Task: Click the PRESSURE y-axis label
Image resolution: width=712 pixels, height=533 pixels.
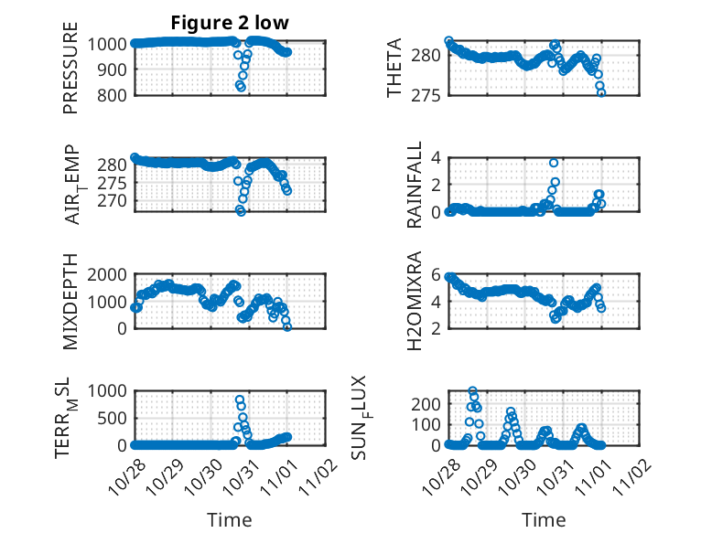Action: click(70, 69)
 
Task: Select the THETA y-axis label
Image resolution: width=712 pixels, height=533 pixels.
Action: click(394, 69)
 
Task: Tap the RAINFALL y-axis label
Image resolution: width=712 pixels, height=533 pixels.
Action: click(415, 185)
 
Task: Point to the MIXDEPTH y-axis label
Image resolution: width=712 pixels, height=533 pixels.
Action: click(70, 301)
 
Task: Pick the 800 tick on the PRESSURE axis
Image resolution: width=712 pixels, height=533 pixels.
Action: click(113, 94)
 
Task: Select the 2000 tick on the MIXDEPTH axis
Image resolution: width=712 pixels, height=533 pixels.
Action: click(109, 274)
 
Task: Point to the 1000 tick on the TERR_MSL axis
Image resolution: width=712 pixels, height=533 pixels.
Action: click(109, 390)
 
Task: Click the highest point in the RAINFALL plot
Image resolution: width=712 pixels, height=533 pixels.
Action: click(554, 163)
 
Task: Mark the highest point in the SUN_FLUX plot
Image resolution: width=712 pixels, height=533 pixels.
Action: click(473, 391)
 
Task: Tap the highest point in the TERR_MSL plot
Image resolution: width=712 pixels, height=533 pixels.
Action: click(240, 400)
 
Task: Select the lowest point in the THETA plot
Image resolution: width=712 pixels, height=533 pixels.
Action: click(601, 92)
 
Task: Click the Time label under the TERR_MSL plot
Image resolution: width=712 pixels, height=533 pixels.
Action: click(230, 520)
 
